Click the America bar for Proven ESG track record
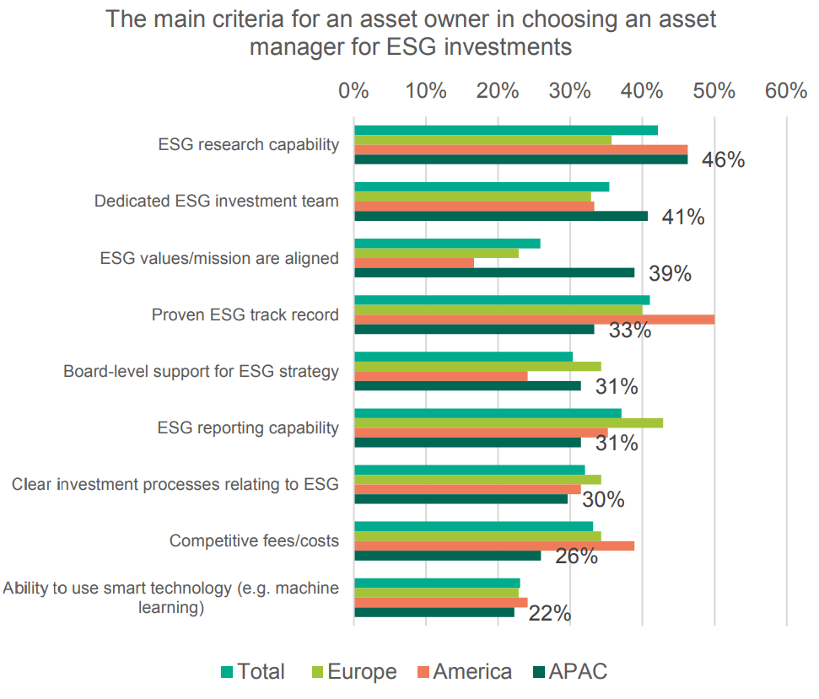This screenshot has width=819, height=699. click(x=534, y=320)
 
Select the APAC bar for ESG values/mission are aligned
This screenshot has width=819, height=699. click(x=494, y=272)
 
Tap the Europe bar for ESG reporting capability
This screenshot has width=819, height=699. click(x=508, y=422)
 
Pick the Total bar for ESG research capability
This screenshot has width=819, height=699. click(x=505, y=130)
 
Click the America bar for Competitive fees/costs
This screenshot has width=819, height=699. click(x=494, y=546)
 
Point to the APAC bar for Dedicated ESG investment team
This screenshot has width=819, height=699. click(x=501, y=216)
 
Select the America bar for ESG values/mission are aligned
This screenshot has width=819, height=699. click(x=414, y=262)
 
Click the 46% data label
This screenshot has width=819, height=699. click(x=723, y=159)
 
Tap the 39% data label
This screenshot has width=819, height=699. click(x=670, y=273)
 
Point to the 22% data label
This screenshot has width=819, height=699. click(x=549, y=613)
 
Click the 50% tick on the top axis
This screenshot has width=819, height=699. click(x=714, y=90)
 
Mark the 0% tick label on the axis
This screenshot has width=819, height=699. click(x=353, y=90)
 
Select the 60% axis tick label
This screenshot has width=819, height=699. click(x=786, y=90)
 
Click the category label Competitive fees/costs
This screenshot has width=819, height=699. click(x=254, y=540)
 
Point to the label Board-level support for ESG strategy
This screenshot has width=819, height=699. click(x=201, y=371)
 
